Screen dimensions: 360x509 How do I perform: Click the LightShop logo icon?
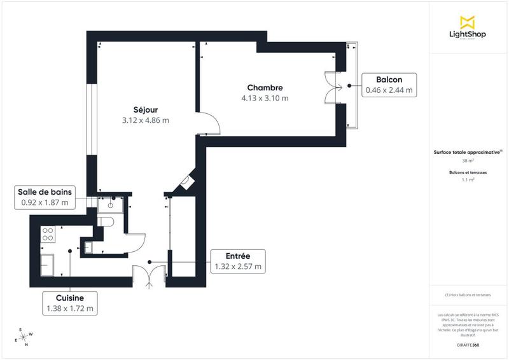click(468, 22)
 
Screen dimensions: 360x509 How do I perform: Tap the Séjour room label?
click(145, 109)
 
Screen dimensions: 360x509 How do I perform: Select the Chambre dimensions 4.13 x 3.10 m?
click(265, 98)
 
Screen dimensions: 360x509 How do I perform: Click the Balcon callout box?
click(389, 85)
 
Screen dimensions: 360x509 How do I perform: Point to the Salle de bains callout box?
click(45, 198)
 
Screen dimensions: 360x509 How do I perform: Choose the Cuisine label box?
click(70, 303)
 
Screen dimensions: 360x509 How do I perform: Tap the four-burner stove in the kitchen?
click(47, 233)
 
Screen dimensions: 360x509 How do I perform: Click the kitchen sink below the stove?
click(47, 262)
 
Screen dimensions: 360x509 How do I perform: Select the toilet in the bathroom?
click(107, 221)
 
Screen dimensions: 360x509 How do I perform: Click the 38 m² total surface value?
click(468, 161)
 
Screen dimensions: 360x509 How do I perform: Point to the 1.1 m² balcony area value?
click(468, 180)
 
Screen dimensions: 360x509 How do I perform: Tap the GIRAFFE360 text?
click(468, 343)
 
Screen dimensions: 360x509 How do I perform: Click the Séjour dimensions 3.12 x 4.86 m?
click(145, 120)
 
